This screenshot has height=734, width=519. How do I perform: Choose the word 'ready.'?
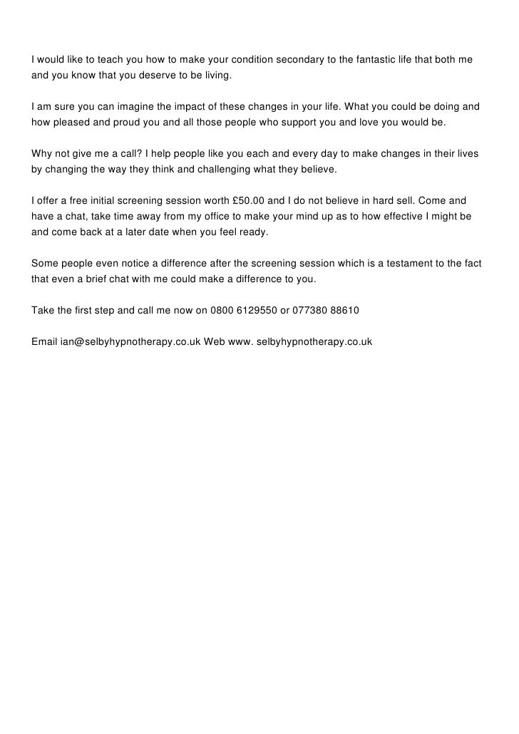pos(252,232)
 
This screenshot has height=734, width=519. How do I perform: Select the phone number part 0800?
pos(221,311)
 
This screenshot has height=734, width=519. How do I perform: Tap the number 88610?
pos(344,311)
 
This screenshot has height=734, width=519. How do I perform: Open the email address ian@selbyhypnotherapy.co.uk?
pos(130,342)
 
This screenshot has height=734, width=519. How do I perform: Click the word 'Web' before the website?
pos(214,342)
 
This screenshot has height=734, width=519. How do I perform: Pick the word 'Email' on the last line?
pos(44,342)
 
